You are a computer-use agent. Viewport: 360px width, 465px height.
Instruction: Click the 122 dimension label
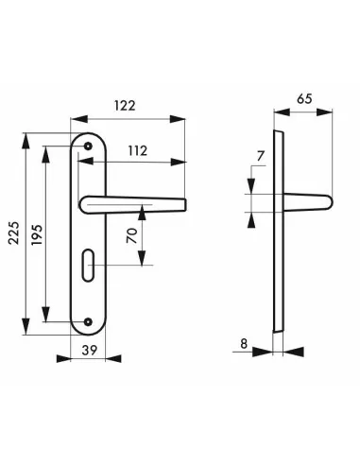(x=125, y=106)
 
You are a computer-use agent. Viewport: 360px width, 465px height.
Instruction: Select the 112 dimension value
(x=138, y=151)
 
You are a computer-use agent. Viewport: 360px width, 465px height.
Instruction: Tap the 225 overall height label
(x=14, y=233)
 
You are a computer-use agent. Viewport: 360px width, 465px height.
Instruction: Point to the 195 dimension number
(x=36, y=234)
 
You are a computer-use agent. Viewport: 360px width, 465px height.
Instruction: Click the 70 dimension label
(x=132, y=235)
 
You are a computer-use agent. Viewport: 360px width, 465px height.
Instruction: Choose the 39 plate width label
(x=90, y=350)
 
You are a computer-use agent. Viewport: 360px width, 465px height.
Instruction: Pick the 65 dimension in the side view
(x=304, y=99)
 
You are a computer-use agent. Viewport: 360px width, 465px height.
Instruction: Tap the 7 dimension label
(x=261, y=156)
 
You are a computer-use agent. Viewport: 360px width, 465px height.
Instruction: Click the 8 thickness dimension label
(x=244, y=344)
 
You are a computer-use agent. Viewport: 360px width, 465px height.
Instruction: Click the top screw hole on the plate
(x=88, y=146)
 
